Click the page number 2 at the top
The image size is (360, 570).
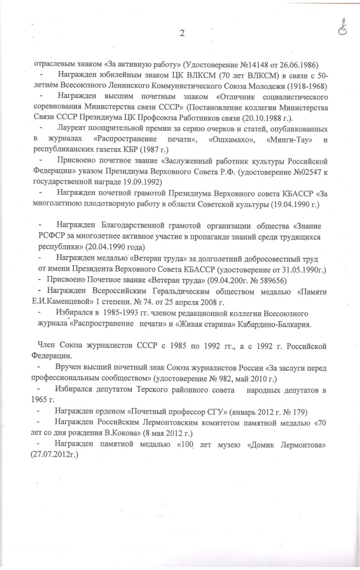coord(181,33)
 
